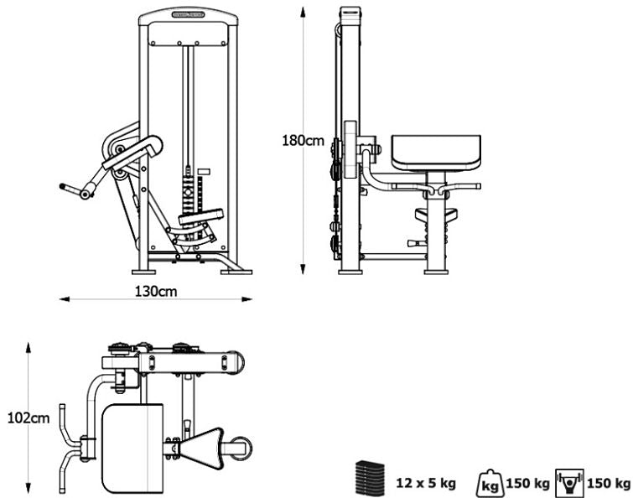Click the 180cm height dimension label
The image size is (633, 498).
click(x=302, y=141)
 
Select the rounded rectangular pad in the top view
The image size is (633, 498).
click(x=132, y=449)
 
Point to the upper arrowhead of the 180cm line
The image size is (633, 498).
click(x=302, y=11)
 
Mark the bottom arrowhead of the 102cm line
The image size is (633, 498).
click(x=30, y=491)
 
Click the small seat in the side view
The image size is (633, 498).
click(x=437, y=214)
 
